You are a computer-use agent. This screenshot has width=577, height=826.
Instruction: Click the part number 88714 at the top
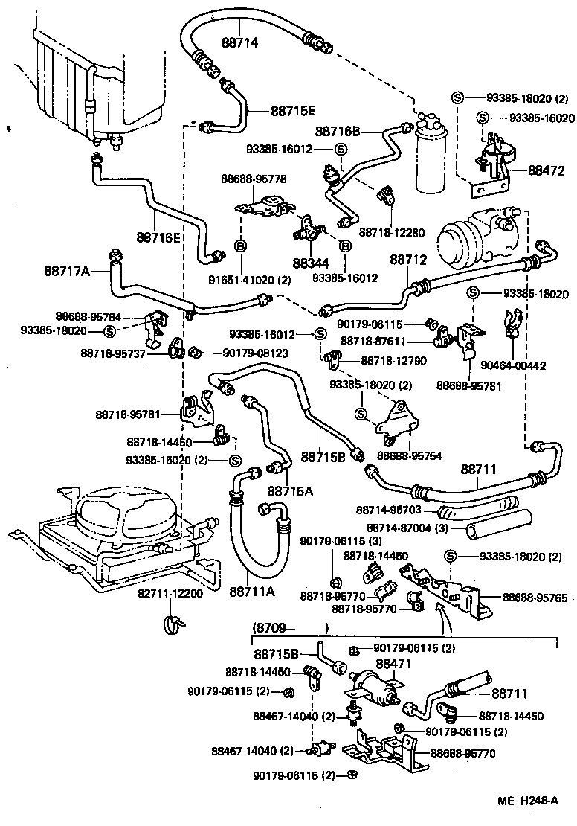tap(239, 43)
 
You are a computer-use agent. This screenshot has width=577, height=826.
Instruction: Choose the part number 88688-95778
tap(254, 179)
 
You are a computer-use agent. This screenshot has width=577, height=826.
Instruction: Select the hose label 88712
tap(408, 260)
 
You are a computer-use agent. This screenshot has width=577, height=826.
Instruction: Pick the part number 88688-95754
tap(409, 455)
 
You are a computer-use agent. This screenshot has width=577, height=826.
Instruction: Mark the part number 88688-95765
tap(535, 597)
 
